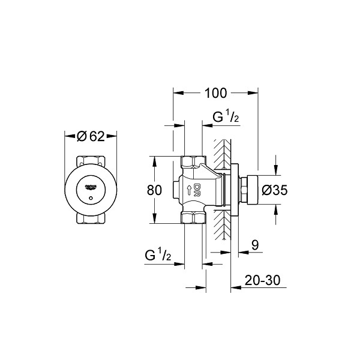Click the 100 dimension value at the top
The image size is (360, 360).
click(x=215, y=93)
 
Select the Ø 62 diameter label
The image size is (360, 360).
click(x=91, y=136)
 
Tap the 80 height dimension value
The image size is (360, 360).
click(x=154, y=190)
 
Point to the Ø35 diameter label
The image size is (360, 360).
click(x=275, y=190)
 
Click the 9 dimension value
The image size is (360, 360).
click(x=255, y=245)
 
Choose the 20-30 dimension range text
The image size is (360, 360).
click(x=262, y=280)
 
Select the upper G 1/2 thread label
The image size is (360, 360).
click(x=226, y=117)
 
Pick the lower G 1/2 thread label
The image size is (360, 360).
click(x=158, y=255)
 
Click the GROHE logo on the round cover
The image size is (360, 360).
click(x=91, y=187)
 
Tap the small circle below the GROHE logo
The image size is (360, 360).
click(x=91, y=198)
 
